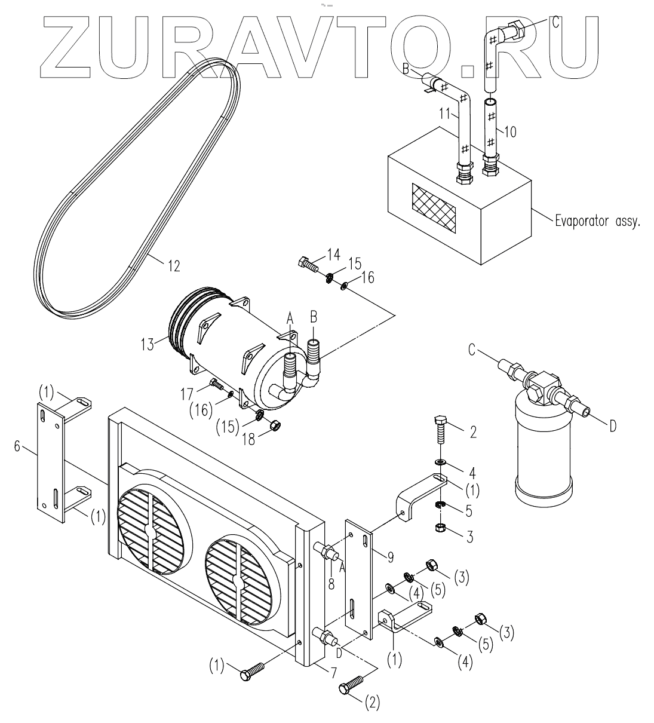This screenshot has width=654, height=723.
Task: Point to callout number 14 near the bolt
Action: (334, 256)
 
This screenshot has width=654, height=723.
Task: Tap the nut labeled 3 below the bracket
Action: (440, 528)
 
